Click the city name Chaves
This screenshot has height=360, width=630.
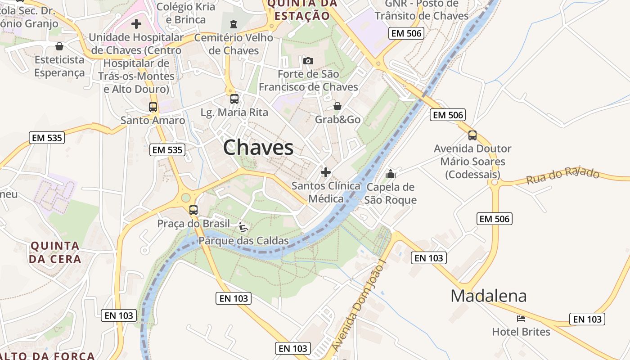[258, 148]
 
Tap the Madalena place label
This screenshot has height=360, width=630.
[488, 296]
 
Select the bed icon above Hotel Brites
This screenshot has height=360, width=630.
[521, 319]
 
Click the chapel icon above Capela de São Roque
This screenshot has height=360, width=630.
[391, 173]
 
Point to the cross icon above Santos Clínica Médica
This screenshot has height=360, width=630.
[326, 172]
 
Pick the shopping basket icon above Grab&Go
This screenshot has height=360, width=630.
[337, 106]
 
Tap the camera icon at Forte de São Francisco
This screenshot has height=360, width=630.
[308, 61]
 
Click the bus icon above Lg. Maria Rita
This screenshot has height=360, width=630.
[234, 99]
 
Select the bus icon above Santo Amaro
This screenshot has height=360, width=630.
[153, 107]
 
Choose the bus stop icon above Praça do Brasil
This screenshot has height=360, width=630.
[193, 210]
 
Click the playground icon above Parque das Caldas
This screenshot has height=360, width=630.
[243, 227]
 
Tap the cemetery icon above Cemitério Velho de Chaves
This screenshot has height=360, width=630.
[234, 24]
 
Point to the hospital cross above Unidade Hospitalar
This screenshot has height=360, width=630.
[136, 24]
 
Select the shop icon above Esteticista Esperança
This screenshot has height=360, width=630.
[59, 46]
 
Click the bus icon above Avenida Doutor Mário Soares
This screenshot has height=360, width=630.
[472, 135]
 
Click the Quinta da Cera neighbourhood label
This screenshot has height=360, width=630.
[55, 252]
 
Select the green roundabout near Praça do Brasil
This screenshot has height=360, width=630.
[185, 198]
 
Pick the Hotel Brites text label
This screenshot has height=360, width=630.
[521, 332]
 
